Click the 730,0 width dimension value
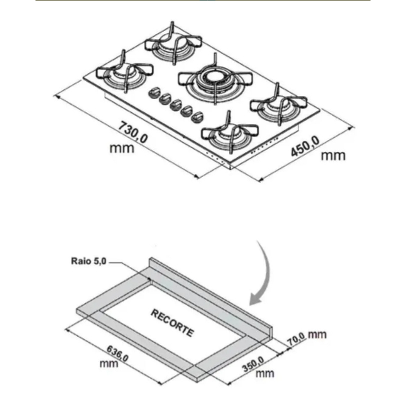[133, 132]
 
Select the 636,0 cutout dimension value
[117, 353]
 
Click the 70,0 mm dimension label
[307, 338]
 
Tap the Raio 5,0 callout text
[88, 261]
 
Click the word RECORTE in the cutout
[172, 322]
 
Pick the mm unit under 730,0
[121, 148]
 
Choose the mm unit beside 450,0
[333, 156]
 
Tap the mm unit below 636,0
[109, 363]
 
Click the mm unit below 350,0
[264, 373]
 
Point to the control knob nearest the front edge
[197, 117]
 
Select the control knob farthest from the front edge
[154, 92]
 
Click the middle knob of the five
[176, 105]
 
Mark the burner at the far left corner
[125, 73]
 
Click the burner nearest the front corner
[230, 134]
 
